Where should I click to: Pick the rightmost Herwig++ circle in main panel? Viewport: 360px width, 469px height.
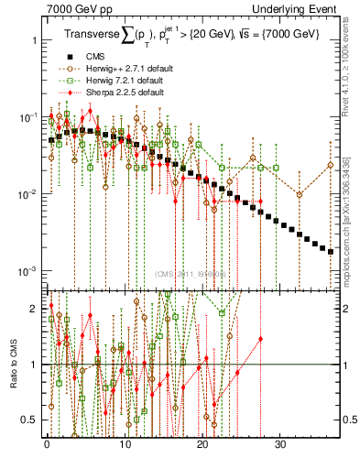click(x=331, y=165)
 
